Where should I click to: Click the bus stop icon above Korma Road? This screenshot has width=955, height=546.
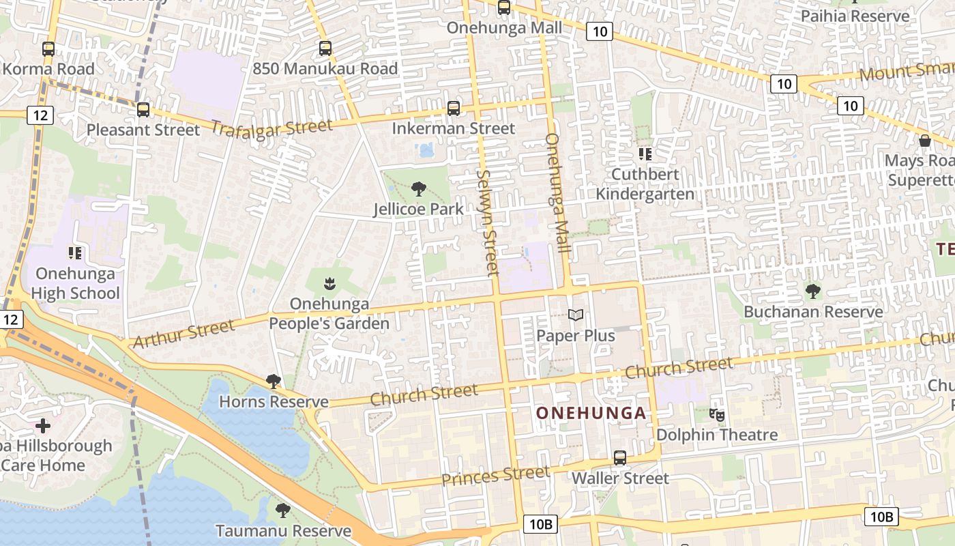coord(48,49)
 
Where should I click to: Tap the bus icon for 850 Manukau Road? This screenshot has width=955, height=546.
coord(325,48)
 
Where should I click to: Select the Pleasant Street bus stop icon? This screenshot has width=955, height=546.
coord(143,109)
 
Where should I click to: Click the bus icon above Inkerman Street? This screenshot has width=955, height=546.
coord(453,109)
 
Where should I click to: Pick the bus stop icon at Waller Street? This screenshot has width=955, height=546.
coord(619,458)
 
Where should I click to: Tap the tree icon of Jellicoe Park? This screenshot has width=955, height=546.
coord(418,189)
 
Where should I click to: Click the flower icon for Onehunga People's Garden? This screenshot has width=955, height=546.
coord(329,283)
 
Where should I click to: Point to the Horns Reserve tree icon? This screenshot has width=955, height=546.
coord(274,382)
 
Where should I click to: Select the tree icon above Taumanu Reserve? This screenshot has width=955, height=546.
coord(282,511)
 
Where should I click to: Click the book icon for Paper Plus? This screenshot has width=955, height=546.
coord(576,315)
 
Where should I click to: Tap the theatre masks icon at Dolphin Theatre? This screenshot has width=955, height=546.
coord(716,414)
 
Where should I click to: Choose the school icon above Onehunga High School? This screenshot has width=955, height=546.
coord(75,254)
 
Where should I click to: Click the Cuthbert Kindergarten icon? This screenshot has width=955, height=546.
coord(645,154)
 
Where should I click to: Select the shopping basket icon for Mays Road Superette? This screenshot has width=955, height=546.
coord(925,141)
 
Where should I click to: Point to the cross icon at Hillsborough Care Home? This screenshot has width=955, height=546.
coord(43,427)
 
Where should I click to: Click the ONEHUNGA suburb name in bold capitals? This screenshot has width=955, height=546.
coord(591,413)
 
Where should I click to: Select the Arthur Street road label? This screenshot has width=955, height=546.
coord(183,334)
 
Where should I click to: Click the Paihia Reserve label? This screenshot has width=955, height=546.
coord(855,16)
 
